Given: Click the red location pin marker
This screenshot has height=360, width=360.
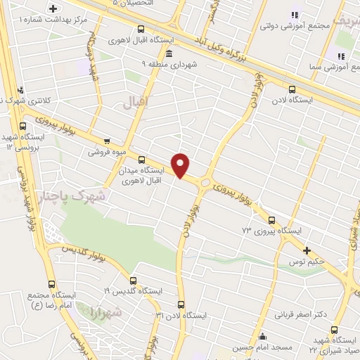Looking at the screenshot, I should (x=181, y=165).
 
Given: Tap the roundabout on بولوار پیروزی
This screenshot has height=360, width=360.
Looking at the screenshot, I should (x=205, y=183).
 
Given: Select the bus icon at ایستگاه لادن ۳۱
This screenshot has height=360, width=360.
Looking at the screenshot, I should (x=181, y=304).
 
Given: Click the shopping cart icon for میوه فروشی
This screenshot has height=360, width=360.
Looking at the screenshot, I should (x=107, y=141).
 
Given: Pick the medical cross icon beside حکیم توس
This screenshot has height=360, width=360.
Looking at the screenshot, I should (x=306, y=250).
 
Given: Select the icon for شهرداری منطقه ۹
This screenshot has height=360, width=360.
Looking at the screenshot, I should (x=167, y=53).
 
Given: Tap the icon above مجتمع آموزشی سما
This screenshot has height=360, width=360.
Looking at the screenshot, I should (x=341, y=56).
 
